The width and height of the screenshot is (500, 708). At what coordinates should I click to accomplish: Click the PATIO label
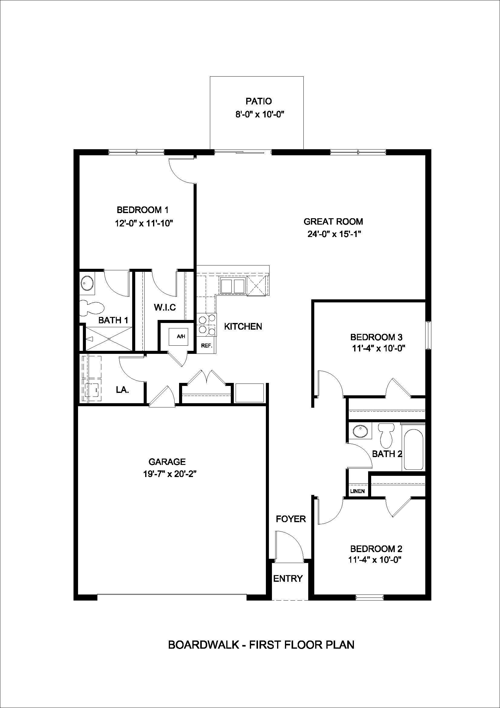(x=259, y=101)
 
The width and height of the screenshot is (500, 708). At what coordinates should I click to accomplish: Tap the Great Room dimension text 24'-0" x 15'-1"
(x=334, y=234)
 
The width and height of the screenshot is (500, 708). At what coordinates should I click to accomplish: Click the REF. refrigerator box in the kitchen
(x=207, y=346)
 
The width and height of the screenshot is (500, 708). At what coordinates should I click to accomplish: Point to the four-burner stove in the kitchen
(x=207, y=325)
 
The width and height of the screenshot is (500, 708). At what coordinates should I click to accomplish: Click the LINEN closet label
(x=357, y=491)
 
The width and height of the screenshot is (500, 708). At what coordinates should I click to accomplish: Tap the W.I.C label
(x=165, y=308)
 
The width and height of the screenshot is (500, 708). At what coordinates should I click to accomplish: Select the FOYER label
(x=290, y=519)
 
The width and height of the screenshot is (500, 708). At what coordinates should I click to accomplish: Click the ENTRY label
(x=288, y=578)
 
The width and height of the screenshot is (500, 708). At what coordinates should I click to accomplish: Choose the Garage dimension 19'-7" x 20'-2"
(x=169, y=474)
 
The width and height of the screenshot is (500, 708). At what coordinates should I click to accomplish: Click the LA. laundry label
(x=122, y=390)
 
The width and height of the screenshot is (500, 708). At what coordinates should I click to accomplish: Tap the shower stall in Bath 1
(x=109, y=339)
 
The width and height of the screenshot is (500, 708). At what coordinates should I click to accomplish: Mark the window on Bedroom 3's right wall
(x=428, y=335)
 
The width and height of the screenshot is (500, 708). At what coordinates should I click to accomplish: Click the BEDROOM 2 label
(x=376, y=549)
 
